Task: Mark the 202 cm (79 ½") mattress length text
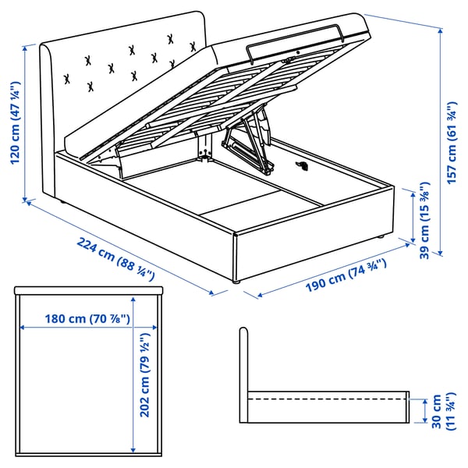(145, 375)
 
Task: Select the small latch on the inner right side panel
(303, 165)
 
